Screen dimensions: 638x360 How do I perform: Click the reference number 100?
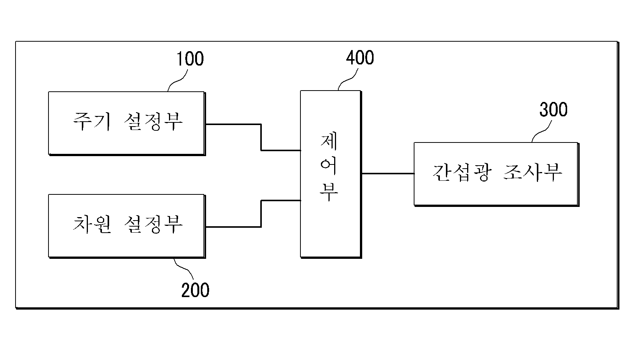pyautogui.click(x=190, y=59)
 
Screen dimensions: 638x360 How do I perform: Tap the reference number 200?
pyautogui.click(x=195, y=290)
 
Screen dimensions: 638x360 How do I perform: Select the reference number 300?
pyautogui.click(x=554, y=110)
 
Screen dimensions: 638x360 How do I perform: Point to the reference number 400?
pyautogui.click(x=360, y=58)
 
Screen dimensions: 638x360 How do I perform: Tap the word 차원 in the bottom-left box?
pyautogui.click(x=92, y=224)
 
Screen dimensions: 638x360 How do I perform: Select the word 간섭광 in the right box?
pyautogui.click(x=462, y=172)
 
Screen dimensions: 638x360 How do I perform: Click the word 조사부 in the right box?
pyautogui.click(x=533, y=172)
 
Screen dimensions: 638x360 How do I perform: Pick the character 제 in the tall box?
pyautogui.click(x=329, y=142)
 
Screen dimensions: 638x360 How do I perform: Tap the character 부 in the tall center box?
pyautogui.click(x=329, y=192)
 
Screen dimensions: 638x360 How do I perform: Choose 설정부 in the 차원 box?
pyautogui.click(x=153, y=224)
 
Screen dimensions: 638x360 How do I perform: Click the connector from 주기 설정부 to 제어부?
pyautogui.click(x=261, y=137)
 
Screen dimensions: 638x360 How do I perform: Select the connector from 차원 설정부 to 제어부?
pyautogui.click(x=261, y=214)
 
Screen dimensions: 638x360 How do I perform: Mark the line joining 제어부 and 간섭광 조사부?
pyautogui.click(x=388, y=174)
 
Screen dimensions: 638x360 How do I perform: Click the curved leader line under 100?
pyautogui.click(x=177, y=81)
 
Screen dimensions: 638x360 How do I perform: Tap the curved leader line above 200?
pyautogui.click(x=184, y=269)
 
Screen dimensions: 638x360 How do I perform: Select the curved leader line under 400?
pyautogui.click(x=348, y=80)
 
